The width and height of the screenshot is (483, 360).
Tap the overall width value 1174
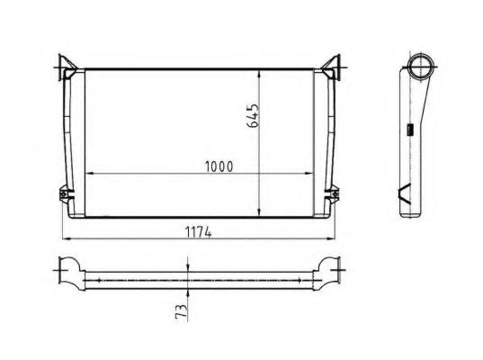click(199, 232)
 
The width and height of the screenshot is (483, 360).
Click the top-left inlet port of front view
click(65, 67)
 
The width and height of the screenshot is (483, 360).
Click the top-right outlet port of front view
click(336, 67)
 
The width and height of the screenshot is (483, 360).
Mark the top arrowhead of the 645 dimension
click(261, 71)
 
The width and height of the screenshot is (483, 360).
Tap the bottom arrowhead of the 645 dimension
click(261, 216)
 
